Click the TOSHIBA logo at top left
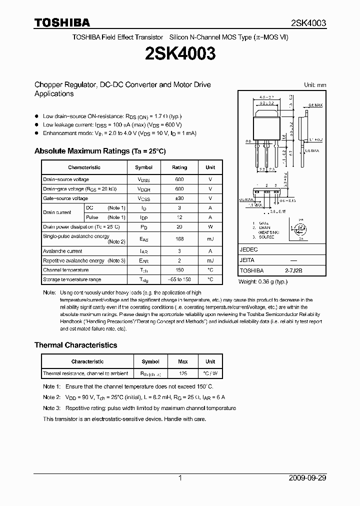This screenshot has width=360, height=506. [x=62, y=22]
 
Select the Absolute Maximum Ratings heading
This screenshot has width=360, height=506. [x=99, y=150]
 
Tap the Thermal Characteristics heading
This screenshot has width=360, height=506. [x=75, y=345]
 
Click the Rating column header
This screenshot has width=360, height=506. [x=179, y=167]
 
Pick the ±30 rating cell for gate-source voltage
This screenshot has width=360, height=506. [x=179, y=198]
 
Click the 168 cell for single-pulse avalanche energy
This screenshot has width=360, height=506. [x=179, y=239]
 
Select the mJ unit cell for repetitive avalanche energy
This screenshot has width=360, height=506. [x=210, y=260]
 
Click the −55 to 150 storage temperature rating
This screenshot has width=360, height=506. [x=179, y=279]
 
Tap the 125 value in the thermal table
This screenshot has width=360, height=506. [x=183, y=373]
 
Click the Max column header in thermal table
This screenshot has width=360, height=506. [x=183, y=361]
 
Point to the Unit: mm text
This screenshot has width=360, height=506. [x=315, y=85]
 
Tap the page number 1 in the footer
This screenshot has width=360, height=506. [x=180, y=478]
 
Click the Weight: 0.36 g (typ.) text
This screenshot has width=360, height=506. [x=263, y=282]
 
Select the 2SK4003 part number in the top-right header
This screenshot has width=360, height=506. [x=308, y=23]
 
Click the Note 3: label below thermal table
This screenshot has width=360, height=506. [x=51, y=408]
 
